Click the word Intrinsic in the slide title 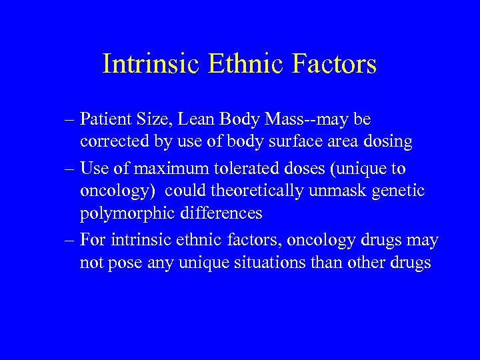pyautogui.click(x=151, y=64)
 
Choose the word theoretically pyautogui.click(x=257, y=191)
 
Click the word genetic pyautogui.click(x=401, y=191)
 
